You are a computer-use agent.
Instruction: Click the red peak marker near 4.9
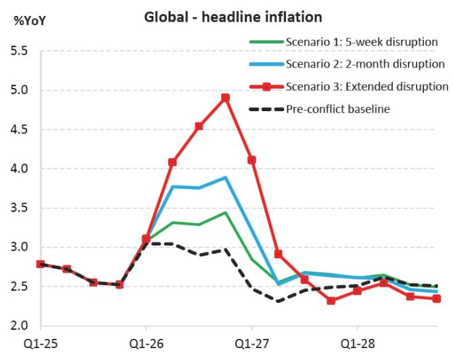tap(225, 98)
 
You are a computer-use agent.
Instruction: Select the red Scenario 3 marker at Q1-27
tap(252, 160)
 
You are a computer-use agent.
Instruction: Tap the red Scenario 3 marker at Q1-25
tap(41, 264)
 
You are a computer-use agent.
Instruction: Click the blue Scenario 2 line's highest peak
tap(225, 177)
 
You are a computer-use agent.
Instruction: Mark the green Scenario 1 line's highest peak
tap(225, 212)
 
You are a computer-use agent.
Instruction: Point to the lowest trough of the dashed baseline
tap(278, 302)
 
